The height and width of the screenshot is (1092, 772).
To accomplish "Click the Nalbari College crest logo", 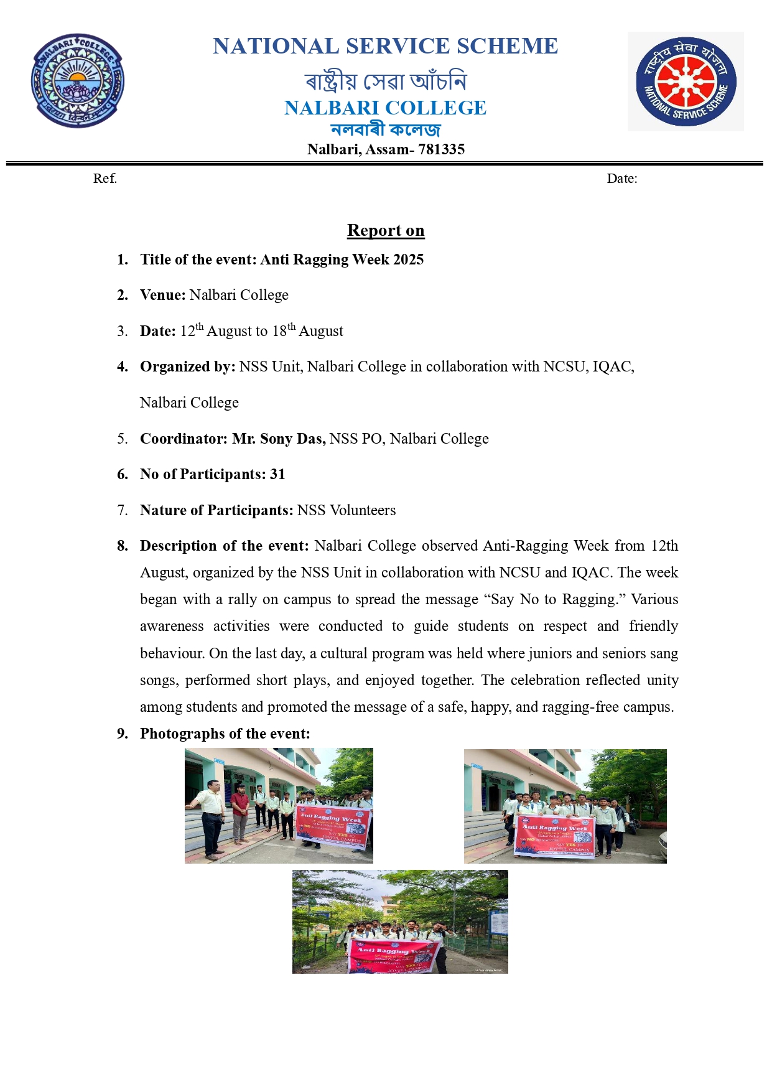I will (x=78, y=81).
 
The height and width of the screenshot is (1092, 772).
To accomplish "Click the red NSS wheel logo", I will (x=686, y=82).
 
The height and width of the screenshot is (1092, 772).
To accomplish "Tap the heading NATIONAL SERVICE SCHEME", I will (x=385, y=47).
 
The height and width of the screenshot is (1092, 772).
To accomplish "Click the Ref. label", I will (x=105, y=179).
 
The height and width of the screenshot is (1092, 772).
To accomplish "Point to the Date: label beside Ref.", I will (x=622, y=179).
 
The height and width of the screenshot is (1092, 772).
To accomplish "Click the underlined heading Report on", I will (x=386, y=230).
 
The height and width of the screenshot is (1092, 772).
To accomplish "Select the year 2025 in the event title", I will (x=408, y=259).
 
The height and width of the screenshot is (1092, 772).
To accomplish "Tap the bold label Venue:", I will (x=163, y=295).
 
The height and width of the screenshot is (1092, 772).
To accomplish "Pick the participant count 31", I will (x=277, y=474).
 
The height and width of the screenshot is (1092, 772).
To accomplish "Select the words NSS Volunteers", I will (x=346, y=510).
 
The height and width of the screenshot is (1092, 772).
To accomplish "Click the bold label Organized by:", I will (x=187, y=366).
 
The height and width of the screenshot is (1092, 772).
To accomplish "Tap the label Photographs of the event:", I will (x=225, y=734).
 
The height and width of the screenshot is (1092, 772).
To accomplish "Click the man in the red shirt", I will (x=240, y=808).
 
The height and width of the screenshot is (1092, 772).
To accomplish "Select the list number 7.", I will (x=123, y=510).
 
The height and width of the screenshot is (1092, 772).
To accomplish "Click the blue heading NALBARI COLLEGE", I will (x=385, y=108).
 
